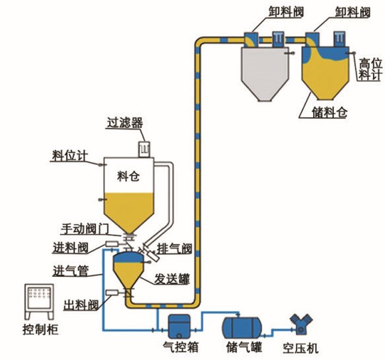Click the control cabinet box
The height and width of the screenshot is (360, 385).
(40, 302)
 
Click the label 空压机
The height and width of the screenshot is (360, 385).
(300, 347)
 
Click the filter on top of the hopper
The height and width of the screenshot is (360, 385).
(145, 148)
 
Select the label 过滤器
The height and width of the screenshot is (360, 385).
(124, 122)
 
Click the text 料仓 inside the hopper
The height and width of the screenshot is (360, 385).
(128, 176)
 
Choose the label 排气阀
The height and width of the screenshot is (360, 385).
(175, 249)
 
